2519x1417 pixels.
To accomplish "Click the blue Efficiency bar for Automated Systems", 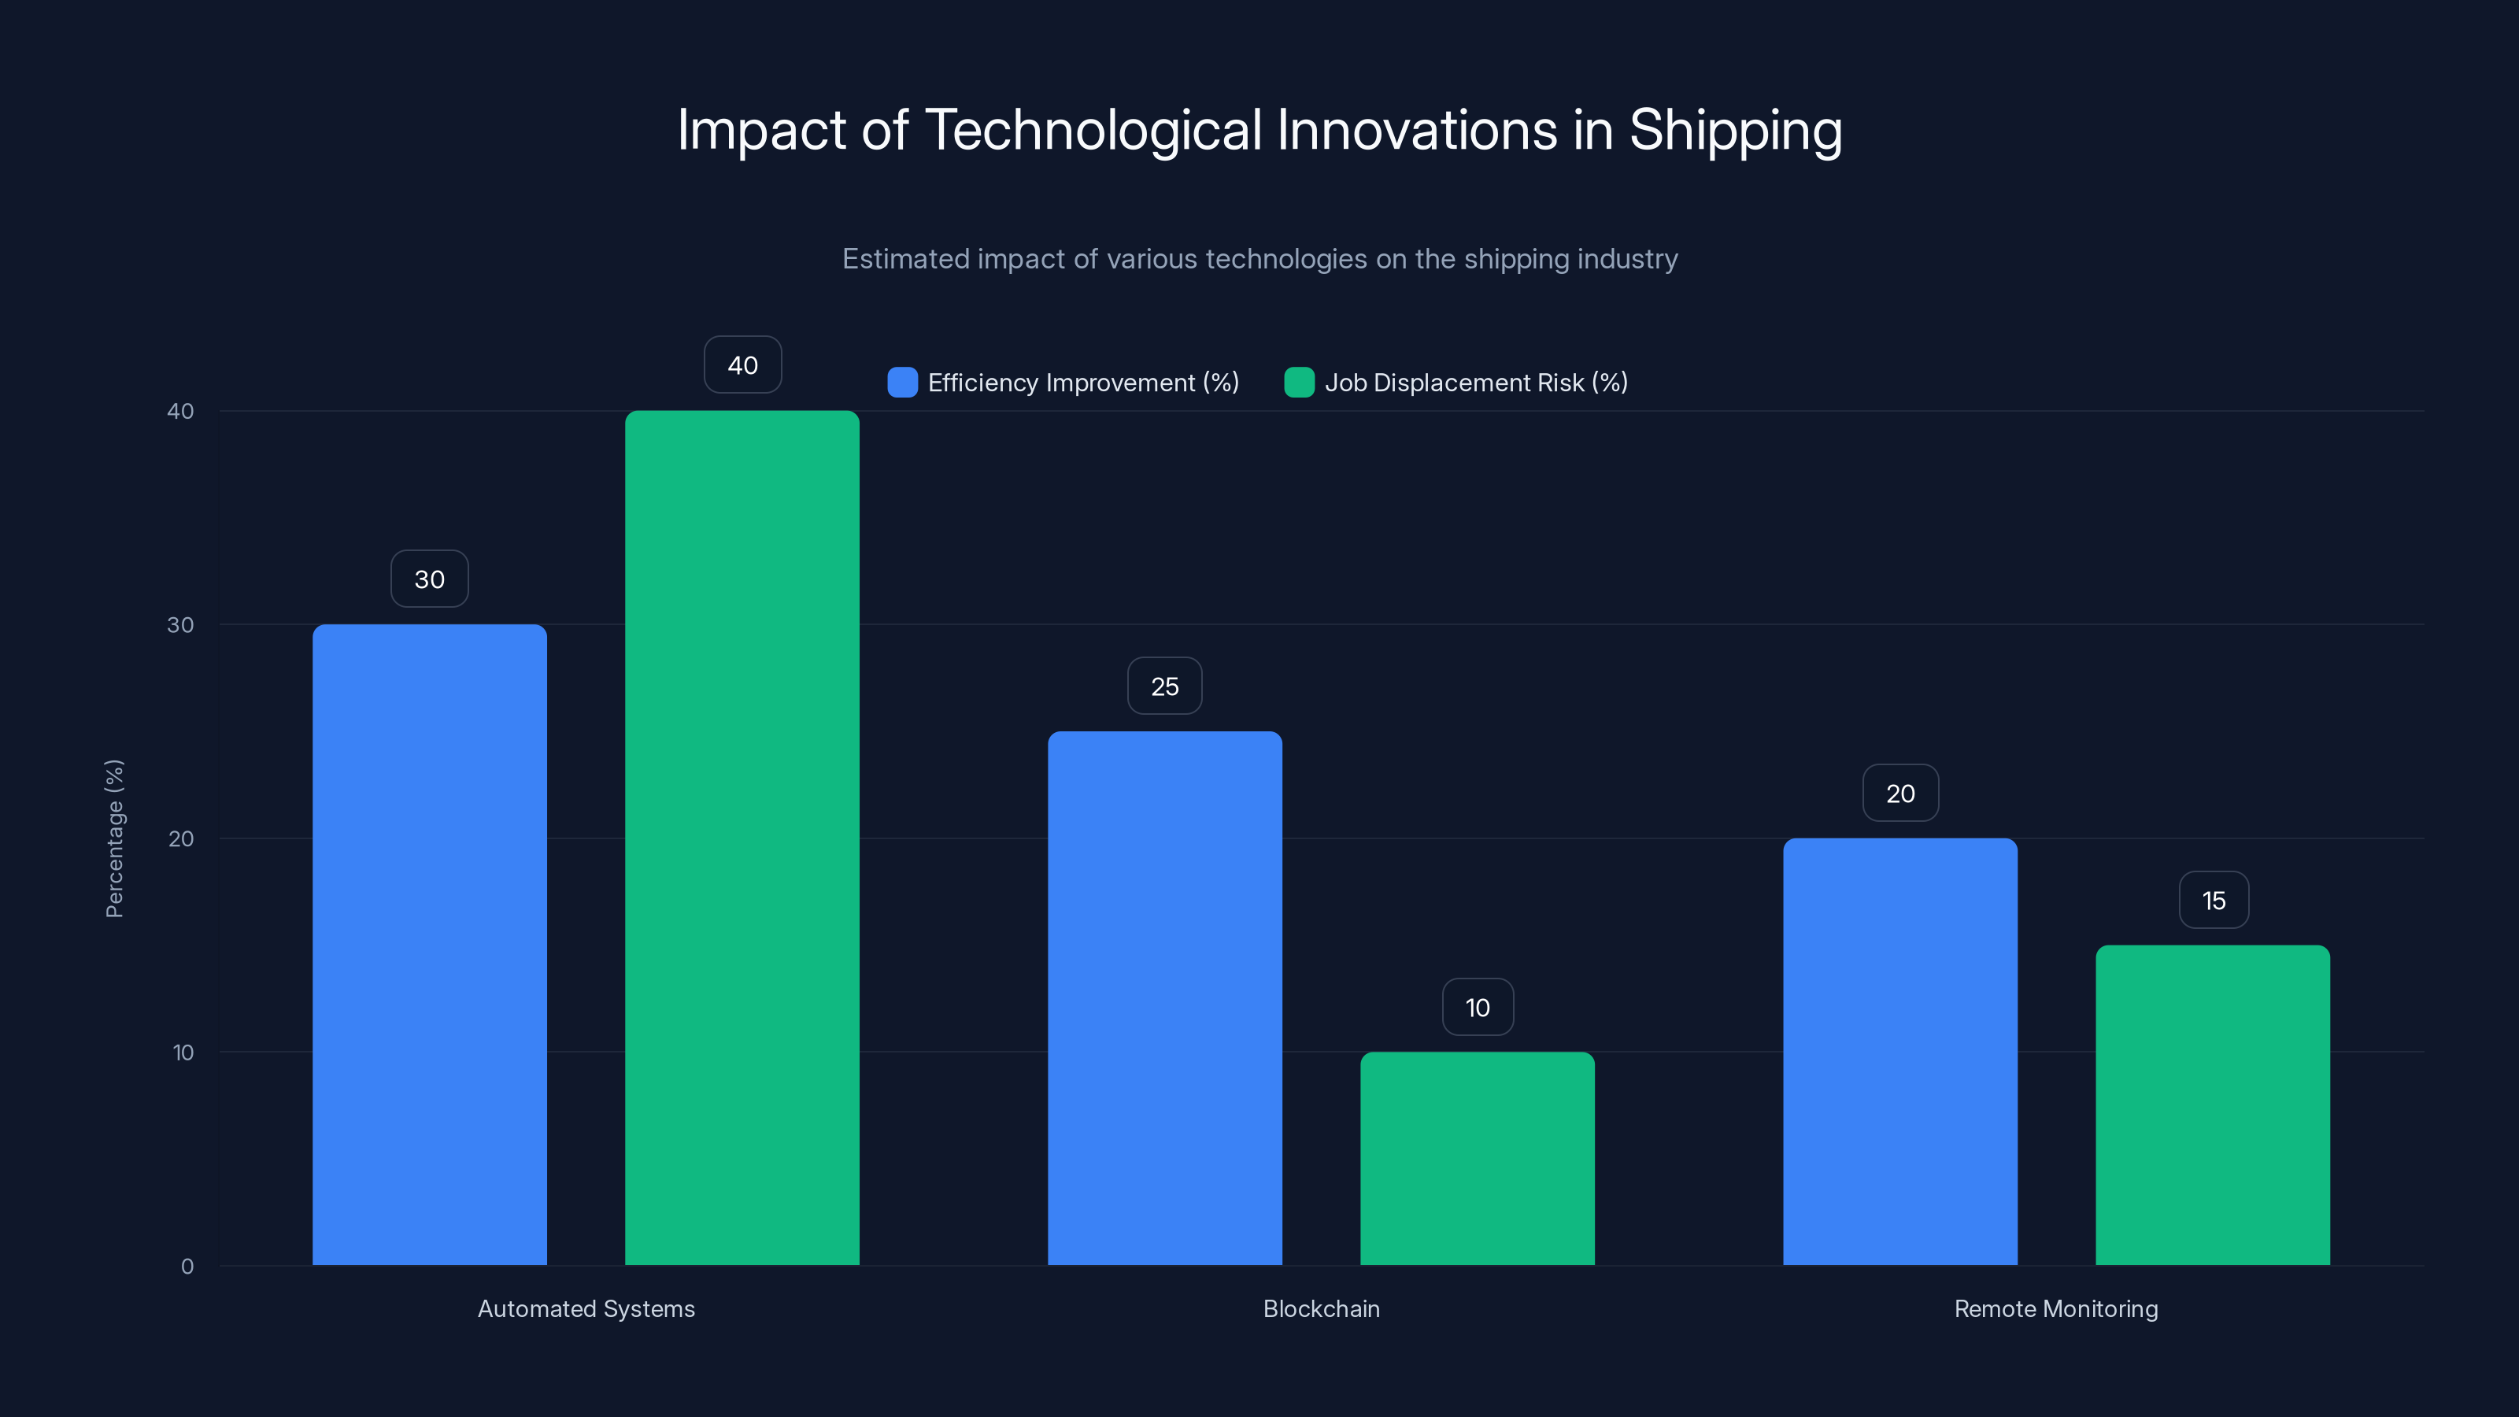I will [429, 944].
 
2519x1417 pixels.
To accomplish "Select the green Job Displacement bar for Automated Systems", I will [742, 837].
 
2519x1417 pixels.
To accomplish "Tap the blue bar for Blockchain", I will [1165, 997].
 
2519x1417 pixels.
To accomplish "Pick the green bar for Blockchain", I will [1478, 1158].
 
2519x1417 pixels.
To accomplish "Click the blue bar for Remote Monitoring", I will [1900, 1051].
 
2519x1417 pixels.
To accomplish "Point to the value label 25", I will [1165, 686].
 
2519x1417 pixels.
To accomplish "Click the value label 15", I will [2214, 901].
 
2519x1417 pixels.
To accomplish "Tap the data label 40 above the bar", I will [742, 364].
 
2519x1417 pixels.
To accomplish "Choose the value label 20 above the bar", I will [1900, 793].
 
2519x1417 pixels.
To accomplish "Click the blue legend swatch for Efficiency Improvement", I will [901, 383].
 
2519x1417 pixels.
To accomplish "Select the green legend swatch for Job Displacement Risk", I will [1299, 383].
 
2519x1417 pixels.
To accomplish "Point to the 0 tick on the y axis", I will [187, 1267].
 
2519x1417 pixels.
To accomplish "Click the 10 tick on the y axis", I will [183, 1053].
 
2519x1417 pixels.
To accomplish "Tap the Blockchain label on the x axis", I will [1321, 1308].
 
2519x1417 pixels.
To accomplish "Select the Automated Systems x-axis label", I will [586, 1308].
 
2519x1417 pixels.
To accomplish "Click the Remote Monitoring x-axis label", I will [2055, 1308].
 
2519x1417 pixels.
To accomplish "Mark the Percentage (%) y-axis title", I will [114, 838].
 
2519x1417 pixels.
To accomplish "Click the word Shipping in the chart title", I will [1735, 130].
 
